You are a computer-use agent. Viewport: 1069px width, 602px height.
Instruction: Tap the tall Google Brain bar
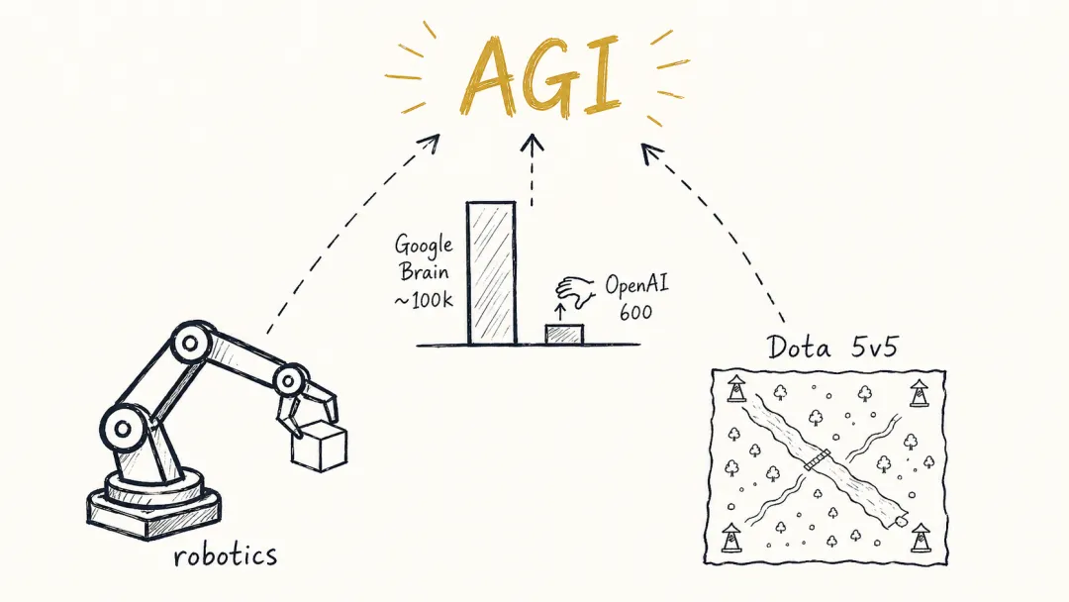point(491,272)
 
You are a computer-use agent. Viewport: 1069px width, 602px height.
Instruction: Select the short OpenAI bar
point(564,334)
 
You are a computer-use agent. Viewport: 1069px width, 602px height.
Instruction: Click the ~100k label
point(424,299)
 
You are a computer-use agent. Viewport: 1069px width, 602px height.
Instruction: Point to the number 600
point(635,312)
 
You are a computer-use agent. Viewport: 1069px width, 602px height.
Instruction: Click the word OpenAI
point(636,284)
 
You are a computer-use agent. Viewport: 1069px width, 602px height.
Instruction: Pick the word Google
point(424,246)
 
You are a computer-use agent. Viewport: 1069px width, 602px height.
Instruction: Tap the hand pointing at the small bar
point(575,291)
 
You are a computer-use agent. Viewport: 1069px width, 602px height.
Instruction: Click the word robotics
point(226,555)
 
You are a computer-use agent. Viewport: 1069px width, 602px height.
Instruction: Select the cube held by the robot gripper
point(319,446)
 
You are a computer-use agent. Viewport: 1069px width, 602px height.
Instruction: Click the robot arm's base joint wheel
point(124,429)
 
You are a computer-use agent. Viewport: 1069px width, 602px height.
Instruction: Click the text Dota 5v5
point(831,347)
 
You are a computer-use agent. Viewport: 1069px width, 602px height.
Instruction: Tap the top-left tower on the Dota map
point(735,388)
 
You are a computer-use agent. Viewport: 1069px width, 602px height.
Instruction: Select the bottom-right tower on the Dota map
point(921,538)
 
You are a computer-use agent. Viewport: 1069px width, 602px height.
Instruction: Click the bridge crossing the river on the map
point(817,460)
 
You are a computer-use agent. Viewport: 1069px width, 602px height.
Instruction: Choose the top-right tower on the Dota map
point(919,393)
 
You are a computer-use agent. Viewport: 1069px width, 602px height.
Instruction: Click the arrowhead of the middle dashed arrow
point(532,143)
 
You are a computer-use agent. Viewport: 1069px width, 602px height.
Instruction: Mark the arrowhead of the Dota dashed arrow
point(650,152)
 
